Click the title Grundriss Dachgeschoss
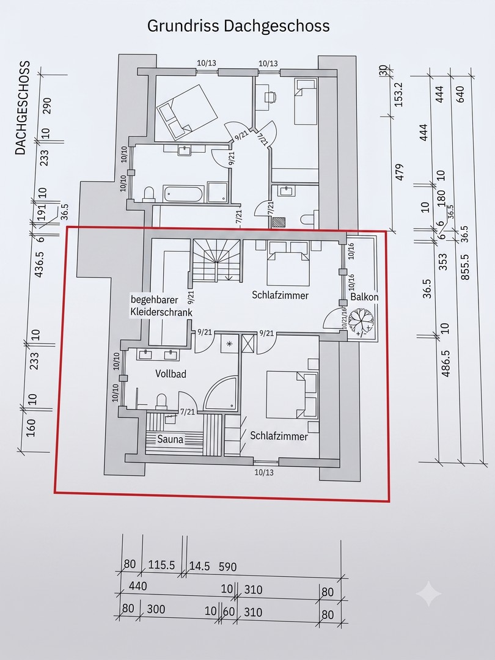tap(238, 26)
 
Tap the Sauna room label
tap(170, 439)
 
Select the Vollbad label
tap(170, 374)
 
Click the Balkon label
tap(364, 297)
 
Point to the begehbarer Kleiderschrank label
tap(161, 306)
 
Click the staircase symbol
tap(217, 260)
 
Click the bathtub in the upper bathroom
tap(184, 193)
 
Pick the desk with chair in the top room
tap(265, 97)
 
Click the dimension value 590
tap(228, 566)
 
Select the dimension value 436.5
tap(39, 265)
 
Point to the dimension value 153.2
tap(398, 94)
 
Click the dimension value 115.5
tap(161, 565)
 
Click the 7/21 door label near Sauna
tap(188, 412)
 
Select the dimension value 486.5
tap(446, 363)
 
